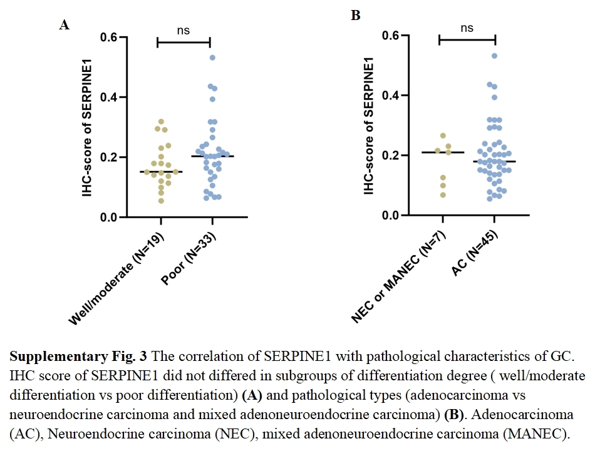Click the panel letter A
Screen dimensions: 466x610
[x=64, y=25]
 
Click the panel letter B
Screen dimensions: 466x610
[x=355, y=16]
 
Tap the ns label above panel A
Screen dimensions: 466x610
[x=183, y=30]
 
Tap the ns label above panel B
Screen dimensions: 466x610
[x=467, y=28]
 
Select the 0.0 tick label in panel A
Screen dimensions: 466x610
[x=110, y=217]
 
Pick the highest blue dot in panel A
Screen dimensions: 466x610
[x=212, y=58]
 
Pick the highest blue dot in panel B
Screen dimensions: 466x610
[x=494, y=56]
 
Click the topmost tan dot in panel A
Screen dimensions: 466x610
[x=161, y=121]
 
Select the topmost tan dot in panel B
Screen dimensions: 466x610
[x=443, y=136]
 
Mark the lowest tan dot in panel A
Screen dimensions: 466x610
[x=161, y=201]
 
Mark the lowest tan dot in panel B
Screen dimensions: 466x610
[x=443, y=195]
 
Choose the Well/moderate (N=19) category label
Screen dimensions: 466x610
[x=116, y=278]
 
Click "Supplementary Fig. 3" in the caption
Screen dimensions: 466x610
[x=78, y=357]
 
